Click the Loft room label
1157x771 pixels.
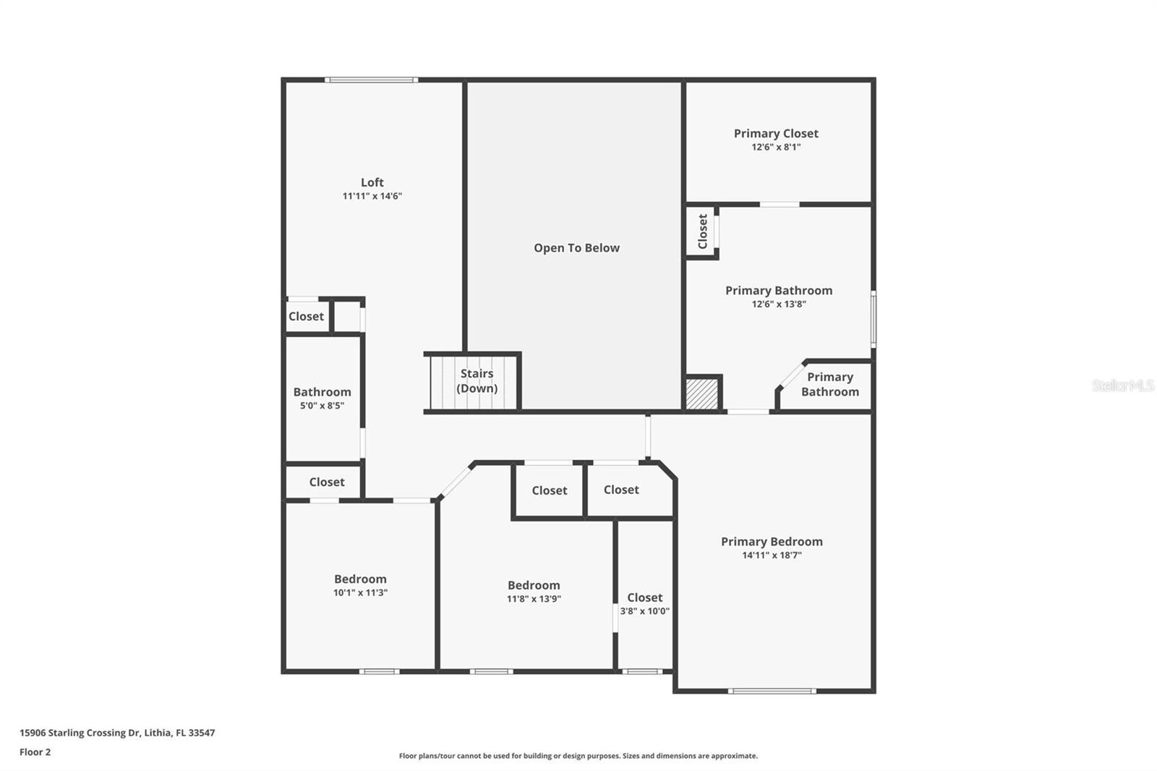coord(372,182)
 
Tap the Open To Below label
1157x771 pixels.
coord(576,248)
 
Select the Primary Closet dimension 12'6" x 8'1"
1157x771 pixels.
coord(776,147)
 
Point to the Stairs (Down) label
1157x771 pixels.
coord(477,380)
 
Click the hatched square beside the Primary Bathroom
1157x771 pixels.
coord(701,394)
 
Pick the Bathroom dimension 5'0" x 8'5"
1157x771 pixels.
coord(322,406)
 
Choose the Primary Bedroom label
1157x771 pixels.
coord(772,542)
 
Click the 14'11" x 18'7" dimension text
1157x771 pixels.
coord(772,555)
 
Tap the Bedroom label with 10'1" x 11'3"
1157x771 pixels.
coord(360,579)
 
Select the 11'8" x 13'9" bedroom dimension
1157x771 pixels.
coord(534,599)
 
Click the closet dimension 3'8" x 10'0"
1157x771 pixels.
coord(644,611)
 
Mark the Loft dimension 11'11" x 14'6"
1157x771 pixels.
coord(372,196)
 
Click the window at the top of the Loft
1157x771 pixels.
coord(371,80)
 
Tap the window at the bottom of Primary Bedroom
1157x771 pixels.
coord(772,691)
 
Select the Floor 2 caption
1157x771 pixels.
coord(35,752)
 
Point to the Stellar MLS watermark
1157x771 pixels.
coord(1122,385)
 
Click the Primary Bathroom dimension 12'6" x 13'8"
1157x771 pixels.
coord(779,304)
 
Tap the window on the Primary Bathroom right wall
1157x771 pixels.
coord(874,318)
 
